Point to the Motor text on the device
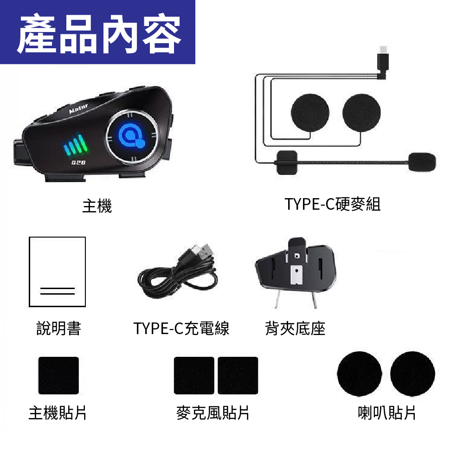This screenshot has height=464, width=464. coord(78,108)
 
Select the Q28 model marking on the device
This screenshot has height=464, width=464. coord(78,162)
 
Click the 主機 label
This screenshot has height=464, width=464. coord(97,206)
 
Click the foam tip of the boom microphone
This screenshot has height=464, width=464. coord(422,161)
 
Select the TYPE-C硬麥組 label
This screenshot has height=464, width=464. coord(332,204)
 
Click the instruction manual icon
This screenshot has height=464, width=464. coord(58,271)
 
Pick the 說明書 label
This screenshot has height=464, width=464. coord(58,328)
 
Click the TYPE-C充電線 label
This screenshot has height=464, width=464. coord(181,328)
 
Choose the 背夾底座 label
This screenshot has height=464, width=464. coord(295,328)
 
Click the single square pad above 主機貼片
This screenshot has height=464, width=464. coord(58,375)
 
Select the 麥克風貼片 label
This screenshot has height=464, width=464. coord(213,413)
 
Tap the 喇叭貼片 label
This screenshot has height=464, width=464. coord(387,413)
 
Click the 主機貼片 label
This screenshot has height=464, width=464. coord(58,413)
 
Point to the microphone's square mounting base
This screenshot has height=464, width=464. coord(286,162)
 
